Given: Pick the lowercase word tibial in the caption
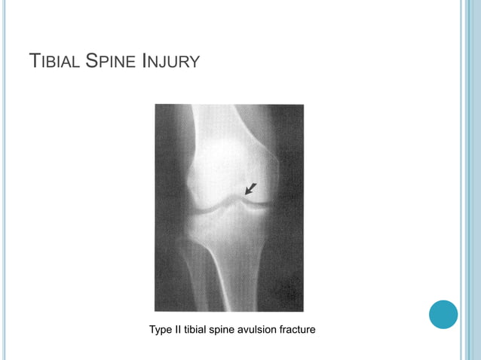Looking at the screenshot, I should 201,329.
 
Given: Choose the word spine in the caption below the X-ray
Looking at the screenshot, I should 232,330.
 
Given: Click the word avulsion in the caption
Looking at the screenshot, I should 270,329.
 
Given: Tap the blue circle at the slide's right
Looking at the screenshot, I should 443,314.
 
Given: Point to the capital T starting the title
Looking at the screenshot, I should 32,60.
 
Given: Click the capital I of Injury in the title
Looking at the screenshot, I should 143,60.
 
